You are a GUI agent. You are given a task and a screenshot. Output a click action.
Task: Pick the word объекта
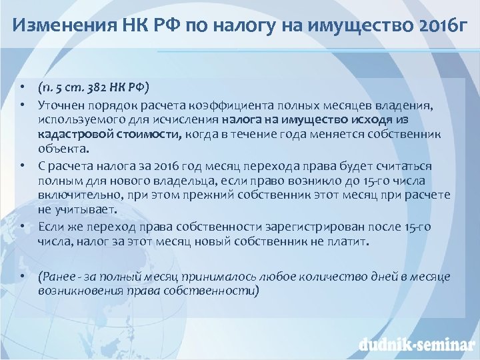(x=59, y=149)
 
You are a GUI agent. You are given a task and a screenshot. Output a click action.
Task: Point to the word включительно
(x=73, y=195)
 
